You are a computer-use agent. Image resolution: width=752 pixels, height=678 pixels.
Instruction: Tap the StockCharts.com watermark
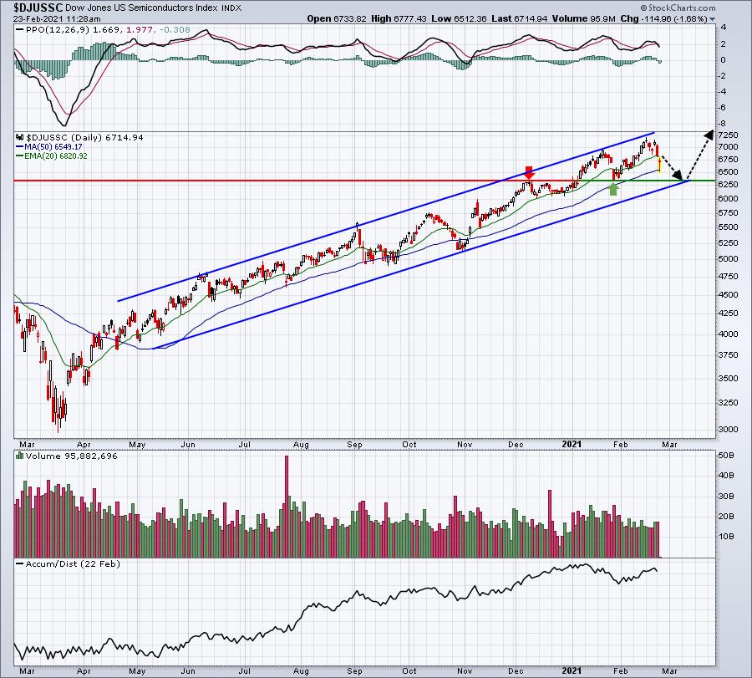coord(678,8)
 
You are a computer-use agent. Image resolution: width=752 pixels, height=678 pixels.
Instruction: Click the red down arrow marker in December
coord(529,173)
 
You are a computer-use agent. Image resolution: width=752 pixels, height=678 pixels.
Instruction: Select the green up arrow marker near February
coord(613,189)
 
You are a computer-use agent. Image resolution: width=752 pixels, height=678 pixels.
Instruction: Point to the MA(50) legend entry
coord(49,147)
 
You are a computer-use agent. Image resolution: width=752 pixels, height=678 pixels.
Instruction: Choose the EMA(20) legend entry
coord(52,156)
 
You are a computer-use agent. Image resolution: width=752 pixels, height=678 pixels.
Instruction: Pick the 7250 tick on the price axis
coord(728,135)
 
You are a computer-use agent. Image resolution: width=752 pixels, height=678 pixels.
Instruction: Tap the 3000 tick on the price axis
coord(728,430)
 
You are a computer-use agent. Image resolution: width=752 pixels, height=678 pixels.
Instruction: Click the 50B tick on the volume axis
coord(725,455)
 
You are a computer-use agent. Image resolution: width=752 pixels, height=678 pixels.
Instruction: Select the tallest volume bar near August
coord(287,507)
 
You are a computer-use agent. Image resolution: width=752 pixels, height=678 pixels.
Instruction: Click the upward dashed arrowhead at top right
coord(708,135)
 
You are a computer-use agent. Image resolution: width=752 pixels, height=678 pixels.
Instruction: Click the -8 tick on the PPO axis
coord(722,123)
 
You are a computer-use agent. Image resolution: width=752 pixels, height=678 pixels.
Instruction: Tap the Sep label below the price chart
coord(354,444)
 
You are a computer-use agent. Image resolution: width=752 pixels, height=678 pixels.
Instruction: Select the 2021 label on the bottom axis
coord(572,670)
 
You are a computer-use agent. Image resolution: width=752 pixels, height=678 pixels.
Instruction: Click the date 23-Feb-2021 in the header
coord(36,18)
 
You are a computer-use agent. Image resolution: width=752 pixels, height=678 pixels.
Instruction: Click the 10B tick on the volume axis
coord(725,536)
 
